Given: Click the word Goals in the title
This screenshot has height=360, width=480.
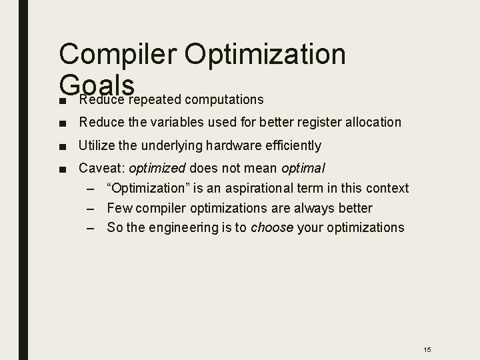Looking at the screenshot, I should click(97, 85).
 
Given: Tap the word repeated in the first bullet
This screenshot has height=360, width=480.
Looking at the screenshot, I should click(155, 100).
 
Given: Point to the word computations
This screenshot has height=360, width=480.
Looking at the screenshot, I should click(225, 100).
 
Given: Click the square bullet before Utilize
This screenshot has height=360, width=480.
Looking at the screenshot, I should click(61, 145).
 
